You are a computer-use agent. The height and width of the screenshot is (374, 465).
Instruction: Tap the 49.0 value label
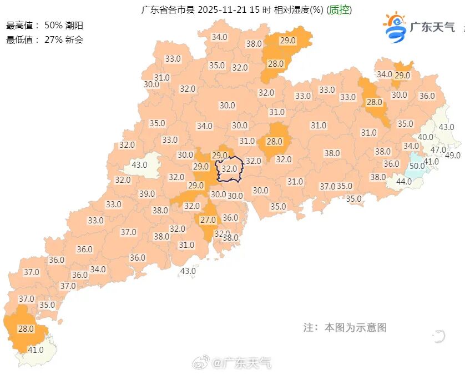(x=453, y=155)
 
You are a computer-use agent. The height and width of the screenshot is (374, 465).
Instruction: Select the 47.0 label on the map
(x=438, y=149)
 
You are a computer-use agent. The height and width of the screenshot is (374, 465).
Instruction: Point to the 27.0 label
(x=208, y=220)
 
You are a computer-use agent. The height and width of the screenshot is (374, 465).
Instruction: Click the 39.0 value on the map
(x=147, y=193)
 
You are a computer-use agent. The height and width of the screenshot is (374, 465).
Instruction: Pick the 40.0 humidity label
(x=426, y=137)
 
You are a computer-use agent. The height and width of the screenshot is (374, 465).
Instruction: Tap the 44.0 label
(x=403, y=181)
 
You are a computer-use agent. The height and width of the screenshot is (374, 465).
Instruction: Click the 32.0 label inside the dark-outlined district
(x=229, y=168)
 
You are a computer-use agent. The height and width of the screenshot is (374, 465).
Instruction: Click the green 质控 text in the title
(x=339, y=10)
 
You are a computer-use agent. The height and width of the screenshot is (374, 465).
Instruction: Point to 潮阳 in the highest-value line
(x=76, y=25)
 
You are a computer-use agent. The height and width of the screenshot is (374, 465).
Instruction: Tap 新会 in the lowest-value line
(x=74, y=39)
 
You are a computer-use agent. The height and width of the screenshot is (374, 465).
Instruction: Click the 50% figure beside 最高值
(x=53, y=25)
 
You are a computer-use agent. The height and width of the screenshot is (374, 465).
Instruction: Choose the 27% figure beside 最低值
(x=53, y=39)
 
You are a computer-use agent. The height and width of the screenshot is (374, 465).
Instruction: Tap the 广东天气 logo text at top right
(x=432, y=27)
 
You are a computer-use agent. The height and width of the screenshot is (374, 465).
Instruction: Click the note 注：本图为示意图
(x=345, y=327)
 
